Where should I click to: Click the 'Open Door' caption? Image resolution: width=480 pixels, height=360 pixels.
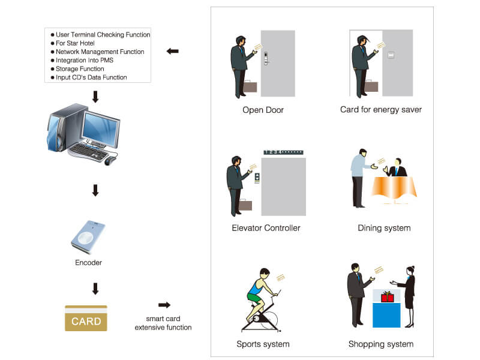pyautogui.click(x=263, y=110)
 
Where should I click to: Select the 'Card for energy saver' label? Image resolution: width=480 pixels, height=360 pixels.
pyautogui.click(x=380, y=110)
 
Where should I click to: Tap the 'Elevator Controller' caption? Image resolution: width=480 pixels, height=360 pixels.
pyautogui.click(x=266, y=228)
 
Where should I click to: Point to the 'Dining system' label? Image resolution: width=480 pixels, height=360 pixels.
pyautogui.click(x=384, y=228)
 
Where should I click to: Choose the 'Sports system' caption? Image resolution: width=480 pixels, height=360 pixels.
pyautogui.click(x=263, y=344)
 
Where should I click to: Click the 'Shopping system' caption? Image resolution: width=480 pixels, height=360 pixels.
pyautogui.click(x=380, y=344)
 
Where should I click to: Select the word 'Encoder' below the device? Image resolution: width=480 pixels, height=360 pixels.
pyautogui.click(x=88, y=263)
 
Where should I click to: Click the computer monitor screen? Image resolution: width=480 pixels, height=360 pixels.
pyautogui.click(x=98, y=130)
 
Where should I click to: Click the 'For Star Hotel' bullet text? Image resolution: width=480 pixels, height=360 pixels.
pyautogui.click(x=76, y=43)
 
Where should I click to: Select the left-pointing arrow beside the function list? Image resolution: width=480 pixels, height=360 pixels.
pyautogui.click(x=172, y=52)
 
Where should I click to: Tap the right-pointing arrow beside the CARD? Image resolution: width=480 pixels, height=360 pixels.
pyautogui.click(x=164, y=305)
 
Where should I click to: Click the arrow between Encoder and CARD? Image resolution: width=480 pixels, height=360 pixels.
pyautogui.click(x=95, y=289)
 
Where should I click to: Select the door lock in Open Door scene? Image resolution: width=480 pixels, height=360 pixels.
pyautogui.click(x=265, y=58)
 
